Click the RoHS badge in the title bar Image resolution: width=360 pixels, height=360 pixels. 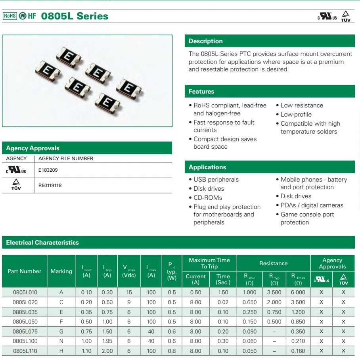(x=10, y=16)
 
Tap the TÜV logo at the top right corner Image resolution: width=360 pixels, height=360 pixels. (x=345, y=16)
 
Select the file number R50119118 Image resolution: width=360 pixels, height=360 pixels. (x=50, y=186)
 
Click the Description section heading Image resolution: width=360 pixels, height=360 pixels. (x=205, y=41)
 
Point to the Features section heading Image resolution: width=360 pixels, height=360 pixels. (x=201, y=92)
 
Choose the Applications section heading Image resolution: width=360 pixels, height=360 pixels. (x=207, y=167)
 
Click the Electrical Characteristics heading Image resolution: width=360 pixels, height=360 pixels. (x=42, y=243)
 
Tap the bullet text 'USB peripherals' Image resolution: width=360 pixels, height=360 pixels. (x=216, y=180)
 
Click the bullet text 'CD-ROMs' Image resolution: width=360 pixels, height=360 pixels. (x=208, y=198)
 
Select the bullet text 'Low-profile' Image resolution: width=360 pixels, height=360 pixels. (x=296, y=115)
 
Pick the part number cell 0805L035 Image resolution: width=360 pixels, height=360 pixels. (x=25, y=312)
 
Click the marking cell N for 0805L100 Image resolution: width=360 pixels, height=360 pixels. (x=61, y=341)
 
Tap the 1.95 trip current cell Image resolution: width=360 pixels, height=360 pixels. (x=107, y=341)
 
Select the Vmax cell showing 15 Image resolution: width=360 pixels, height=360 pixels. (x=129, y=293)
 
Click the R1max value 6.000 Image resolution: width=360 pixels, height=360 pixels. (x=298, y=293)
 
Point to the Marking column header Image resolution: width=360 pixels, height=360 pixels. (x=61, y=272)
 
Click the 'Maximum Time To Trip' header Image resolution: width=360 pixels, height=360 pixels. (x=209, y=263)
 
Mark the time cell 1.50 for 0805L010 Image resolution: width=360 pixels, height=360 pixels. (x=223, y=293)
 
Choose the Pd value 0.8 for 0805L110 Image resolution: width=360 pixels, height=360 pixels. (x=172, y=351)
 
